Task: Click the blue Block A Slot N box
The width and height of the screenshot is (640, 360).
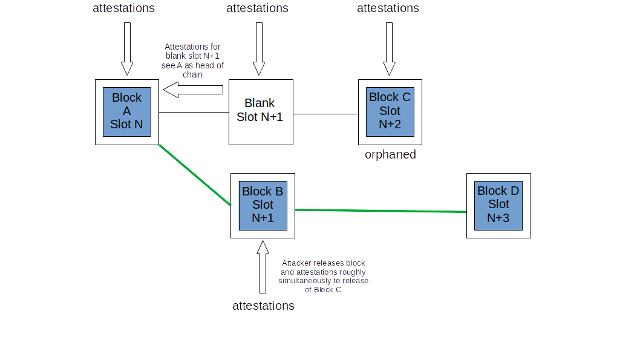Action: tap(127, 112)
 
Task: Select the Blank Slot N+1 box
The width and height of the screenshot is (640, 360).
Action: tap(261, 113)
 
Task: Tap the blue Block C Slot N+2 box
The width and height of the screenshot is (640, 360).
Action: tap(390, 112)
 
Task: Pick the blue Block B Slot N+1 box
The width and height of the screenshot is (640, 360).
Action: tap(263, 206)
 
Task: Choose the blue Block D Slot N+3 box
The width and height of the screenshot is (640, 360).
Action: tap(498, 206)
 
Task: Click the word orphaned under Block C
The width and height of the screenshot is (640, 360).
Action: tap(390, 155)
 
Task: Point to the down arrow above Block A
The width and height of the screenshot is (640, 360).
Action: tap(128, 49)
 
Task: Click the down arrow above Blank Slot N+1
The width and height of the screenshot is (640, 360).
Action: tap(259, 49)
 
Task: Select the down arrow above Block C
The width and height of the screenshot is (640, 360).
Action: tap(390, 49)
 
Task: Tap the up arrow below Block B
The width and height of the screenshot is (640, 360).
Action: tap(263, 267)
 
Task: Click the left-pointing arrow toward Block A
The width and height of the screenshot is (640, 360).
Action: tap(193, 90)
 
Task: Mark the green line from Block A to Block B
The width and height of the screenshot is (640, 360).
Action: tap(195, 175)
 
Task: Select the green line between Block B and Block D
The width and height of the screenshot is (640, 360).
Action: tap(381, 211)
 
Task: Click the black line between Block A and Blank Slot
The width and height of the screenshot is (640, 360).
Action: tap(194, 113)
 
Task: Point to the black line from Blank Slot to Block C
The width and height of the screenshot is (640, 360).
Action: tap(325, 114)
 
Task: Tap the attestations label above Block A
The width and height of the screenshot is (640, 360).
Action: tap(123, 8)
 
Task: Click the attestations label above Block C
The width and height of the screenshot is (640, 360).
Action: tap(388, 8)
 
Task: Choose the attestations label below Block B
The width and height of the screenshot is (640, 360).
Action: tap(263, 306)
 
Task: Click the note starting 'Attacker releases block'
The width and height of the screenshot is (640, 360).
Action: tap(323, 277)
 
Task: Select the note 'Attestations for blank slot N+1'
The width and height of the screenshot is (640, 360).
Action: tap(192, 61)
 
